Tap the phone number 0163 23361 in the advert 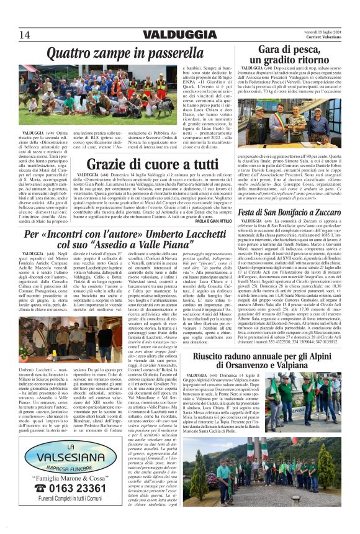pyautogui.click(x=73, y=488)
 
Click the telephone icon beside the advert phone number pyautogui.click(x=38, y=487)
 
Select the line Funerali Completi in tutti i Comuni pyautogui.click(x=65, y=499)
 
